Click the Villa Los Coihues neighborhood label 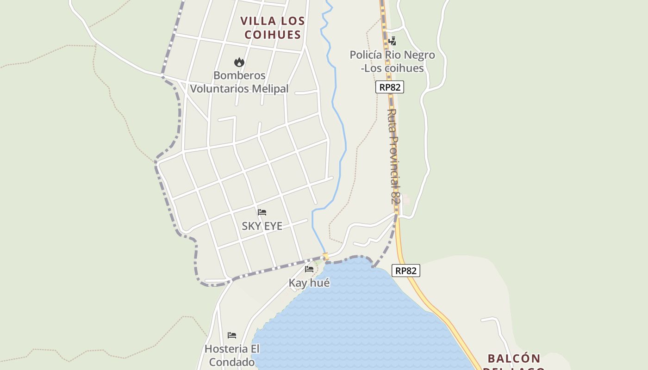273,27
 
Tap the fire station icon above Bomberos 239,62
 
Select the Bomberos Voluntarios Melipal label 239,82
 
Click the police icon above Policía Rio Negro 392,41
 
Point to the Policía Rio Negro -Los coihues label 392,62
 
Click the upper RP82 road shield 389,87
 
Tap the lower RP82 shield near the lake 406,271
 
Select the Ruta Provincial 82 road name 393,156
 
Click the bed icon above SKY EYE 262,212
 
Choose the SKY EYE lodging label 262,226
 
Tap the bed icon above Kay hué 309,269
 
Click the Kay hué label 309,283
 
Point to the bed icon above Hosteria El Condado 232,335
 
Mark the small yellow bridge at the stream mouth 325,256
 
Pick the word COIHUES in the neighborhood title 273,34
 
